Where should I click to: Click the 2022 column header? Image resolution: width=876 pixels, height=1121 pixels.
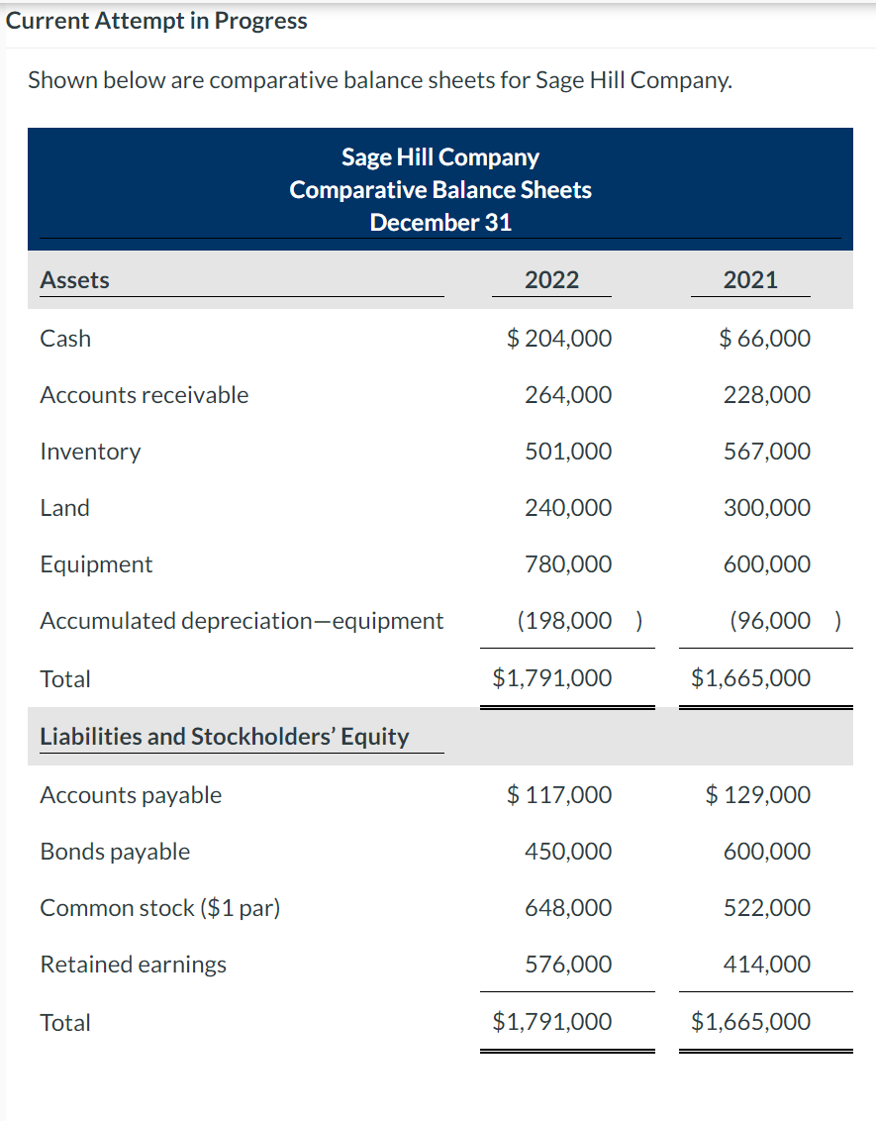(x=551, y=280)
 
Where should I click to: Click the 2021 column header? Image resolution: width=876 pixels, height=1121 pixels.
(x=750, y=280)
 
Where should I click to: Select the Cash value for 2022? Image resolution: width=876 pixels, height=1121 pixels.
(x=559, y=339)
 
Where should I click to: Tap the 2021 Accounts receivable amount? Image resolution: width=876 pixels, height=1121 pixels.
(x=766, y=395)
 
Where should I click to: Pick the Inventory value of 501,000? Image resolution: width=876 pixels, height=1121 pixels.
(x=568, y=452)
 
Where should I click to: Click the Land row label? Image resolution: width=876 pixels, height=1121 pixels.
(x=64, y=508)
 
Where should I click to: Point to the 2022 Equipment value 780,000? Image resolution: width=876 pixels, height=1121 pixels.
(x=568, y=564)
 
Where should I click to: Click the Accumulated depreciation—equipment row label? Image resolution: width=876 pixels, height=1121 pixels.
(x=242, y=621)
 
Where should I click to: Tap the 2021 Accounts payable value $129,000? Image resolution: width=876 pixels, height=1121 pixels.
(x=758, y=795)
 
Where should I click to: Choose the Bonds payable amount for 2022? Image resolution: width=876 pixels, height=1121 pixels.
(x=568, y=852)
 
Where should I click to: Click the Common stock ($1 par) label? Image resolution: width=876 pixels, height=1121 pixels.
(x=160, y=908)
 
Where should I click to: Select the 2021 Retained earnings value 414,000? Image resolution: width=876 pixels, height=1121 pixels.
(x=766, y=965)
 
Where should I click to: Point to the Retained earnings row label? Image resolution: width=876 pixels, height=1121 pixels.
(x=133, y=965)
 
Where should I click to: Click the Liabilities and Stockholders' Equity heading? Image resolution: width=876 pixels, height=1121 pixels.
(x=224, y=737)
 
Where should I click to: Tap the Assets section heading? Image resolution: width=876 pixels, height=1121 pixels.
(x=74, y=280)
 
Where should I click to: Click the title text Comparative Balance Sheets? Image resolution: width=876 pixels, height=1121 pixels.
(x=440, y=190)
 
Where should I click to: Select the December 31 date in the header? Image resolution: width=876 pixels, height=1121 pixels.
(x=440, y=222)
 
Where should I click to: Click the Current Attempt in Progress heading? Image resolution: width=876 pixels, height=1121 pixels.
(x=156, y=21)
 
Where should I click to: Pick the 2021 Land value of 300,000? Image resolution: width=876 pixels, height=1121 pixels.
(x=766, y=508)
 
